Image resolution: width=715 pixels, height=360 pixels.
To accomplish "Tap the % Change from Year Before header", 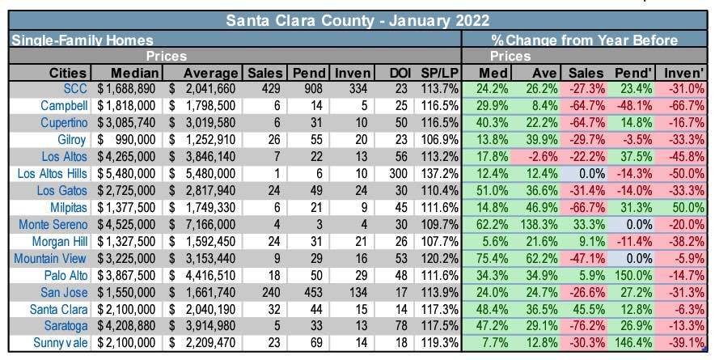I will tap(584, 39).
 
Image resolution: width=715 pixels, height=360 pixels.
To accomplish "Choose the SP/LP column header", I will tap(439, 73).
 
